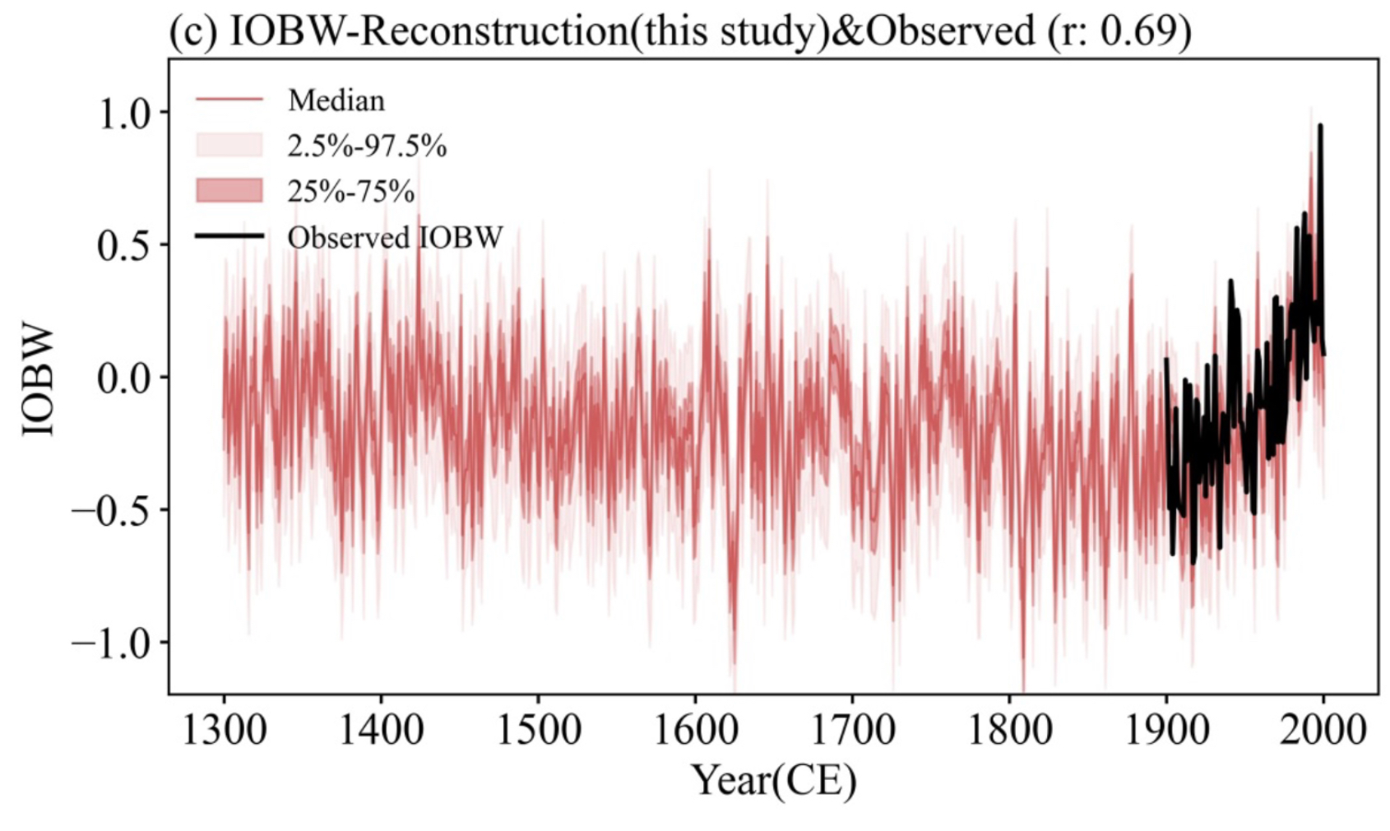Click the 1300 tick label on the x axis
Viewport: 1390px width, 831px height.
pyautogui.click(x=224, y=729)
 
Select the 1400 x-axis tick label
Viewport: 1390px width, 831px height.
pyautogui.click(x=381, y=729)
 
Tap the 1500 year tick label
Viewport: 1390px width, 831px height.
pyautogui.click(x=538, y=729)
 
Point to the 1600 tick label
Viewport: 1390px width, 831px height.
pyautogui.click(x=695, y=729)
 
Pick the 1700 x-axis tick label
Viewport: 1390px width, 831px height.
pyautogui.click(x=852, y=729)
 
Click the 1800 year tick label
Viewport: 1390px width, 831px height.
pyautogui.click(x=1009, y=729)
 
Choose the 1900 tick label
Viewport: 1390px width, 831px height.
pyautogui.click(x=1166, y=729)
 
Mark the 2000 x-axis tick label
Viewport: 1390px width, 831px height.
pyautogui.click(x=1323, y=729)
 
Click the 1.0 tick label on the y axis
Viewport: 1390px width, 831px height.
pyautogui.click(x=125, y=114)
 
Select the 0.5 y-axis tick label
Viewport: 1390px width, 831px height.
pyautogui.click(x=125, y=246)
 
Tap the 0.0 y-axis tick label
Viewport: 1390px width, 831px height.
pyautogui.click(x=125, y=378)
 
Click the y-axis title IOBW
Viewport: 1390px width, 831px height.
pyautogui.click(x=39, y=379)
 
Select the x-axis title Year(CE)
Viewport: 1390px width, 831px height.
pyautogui.click(x=773, y=780)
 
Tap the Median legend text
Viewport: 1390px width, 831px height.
pyautogui.click(x=336, y=100)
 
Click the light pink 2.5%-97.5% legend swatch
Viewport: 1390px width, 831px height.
pyautogui.click(x=229, y=146)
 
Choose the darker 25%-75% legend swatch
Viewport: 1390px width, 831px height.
pyautogui.click(x=229, y=191)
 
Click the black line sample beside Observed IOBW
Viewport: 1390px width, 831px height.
pyautogui.click(x=229, y=237)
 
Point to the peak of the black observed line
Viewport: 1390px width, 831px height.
pyautogui.click(x=1320, y=126)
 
